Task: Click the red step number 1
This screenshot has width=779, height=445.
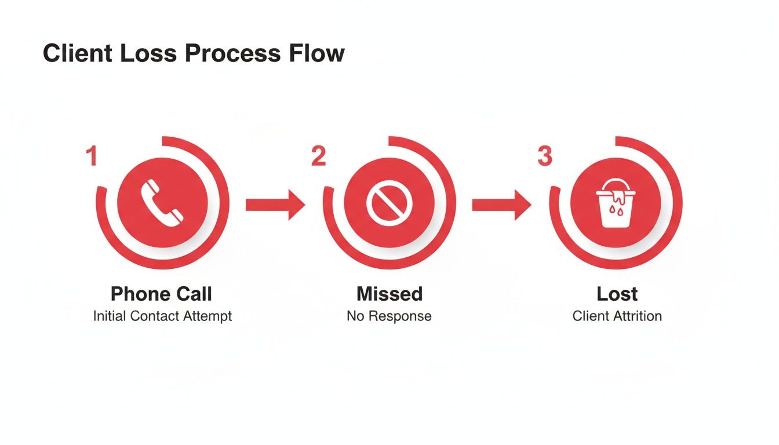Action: (x=91, y=157)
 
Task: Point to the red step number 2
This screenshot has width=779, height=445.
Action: (x=318, y=157)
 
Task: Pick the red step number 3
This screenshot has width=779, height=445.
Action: (x=544, y=157)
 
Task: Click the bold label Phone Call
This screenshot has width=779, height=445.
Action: (x=161, y=294)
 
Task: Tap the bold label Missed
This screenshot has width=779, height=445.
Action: (x=389, y=294)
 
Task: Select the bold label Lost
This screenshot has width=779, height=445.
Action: (x=617, y=294)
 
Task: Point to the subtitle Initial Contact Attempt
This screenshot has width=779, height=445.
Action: (x=162, y=316)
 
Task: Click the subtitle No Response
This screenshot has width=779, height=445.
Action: (x=389, y=316)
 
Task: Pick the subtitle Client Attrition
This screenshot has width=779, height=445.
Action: (x=617, y=316)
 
